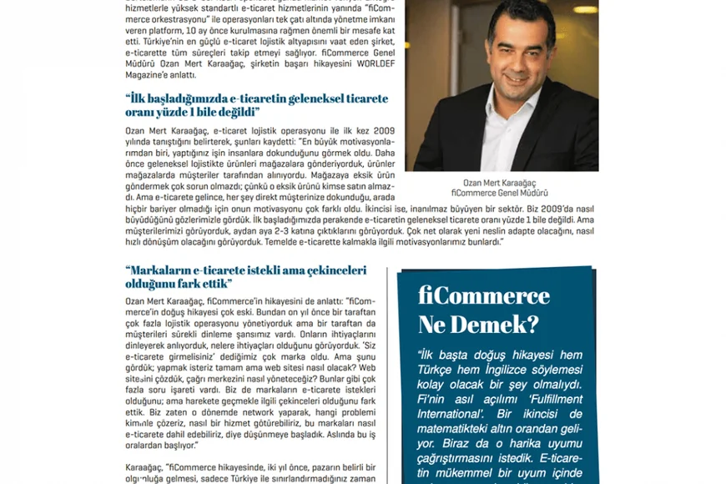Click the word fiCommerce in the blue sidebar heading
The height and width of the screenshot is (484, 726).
[484, 296]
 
